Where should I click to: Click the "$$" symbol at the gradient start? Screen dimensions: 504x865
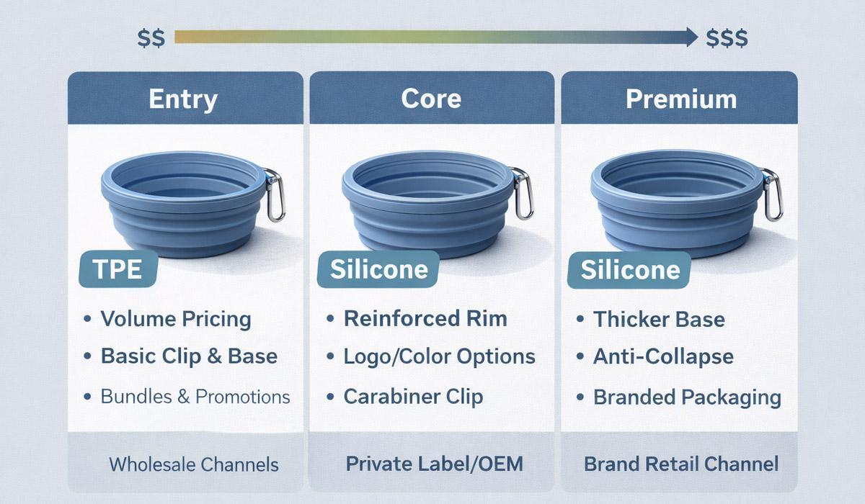[x=151, y=37]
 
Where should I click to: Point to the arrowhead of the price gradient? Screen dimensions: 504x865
[x=690, y=36]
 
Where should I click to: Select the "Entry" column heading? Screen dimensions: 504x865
[x=182, y=99]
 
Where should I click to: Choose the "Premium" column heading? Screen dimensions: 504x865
[x=680, y=99]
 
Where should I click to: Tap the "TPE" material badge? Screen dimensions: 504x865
[x=116, y=269]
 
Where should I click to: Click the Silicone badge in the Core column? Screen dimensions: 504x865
[x=378, y=270]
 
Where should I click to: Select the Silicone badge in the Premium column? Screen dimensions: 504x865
[x=630, y=270]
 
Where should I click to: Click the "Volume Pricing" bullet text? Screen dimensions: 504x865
[x=175, y=319]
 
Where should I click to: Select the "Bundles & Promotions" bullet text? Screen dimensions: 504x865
[x=195, y=396]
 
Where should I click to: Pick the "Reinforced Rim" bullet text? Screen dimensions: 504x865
[x=425, y=319]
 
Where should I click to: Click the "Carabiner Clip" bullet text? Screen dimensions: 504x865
[x=413, y=396]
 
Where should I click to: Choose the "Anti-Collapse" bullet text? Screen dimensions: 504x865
[x=663, y=357]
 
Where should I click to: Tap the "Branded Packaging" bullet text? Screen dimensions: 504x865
[x=687, y=397]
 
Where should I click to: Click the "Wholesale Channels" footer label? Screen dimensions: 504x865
[x=193, y=464]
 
